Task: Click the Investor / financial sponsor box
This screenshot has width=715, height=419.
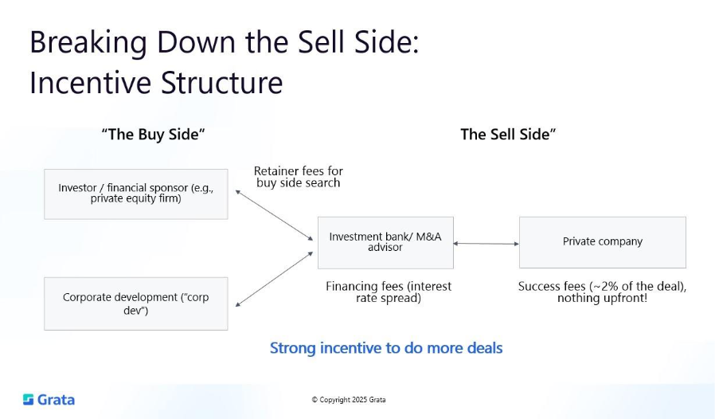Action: pos(135,194)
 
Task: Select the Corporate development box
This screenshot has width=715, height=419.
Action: pos(135,303)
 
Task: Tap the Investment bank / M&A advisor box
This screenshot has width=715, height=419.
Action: pos(385,242)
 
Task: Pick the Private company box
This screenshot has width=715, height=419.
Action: pos(602,242)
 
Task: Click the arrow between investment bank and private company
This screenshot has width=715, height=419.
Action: pos(486,244)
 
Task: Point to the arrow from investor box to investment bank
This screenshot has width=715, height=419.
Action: pos(274,214)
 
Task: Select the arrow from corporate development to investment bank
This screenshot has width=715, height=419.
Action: pos(274,279)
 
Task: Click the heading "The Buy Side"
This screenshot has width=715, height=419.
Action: pos(153,135)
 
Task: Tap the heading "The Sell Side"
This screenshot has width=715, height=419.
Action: pos(508,135)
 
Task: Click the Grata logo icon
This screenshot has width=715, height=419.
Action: pos(29,399)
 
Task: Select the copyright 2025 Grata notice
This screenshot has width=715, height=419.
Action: pos(348,400)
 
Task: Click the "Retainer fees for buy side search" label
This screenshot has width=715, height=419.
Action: pos(299,177)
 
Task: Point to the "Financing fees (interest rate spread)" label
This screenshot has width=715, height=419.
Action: pos(389,292)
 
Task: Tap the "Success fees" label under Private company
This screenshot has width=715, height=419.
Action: pos(602,292)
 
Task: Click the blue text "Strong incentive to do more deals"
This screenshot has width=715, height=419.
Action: pos(386,348)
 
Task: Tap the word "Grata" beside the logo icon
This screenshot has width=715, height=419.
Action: pos(56,399)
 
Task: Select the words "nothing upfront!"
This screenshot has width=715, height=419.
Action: pos(602,299)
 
